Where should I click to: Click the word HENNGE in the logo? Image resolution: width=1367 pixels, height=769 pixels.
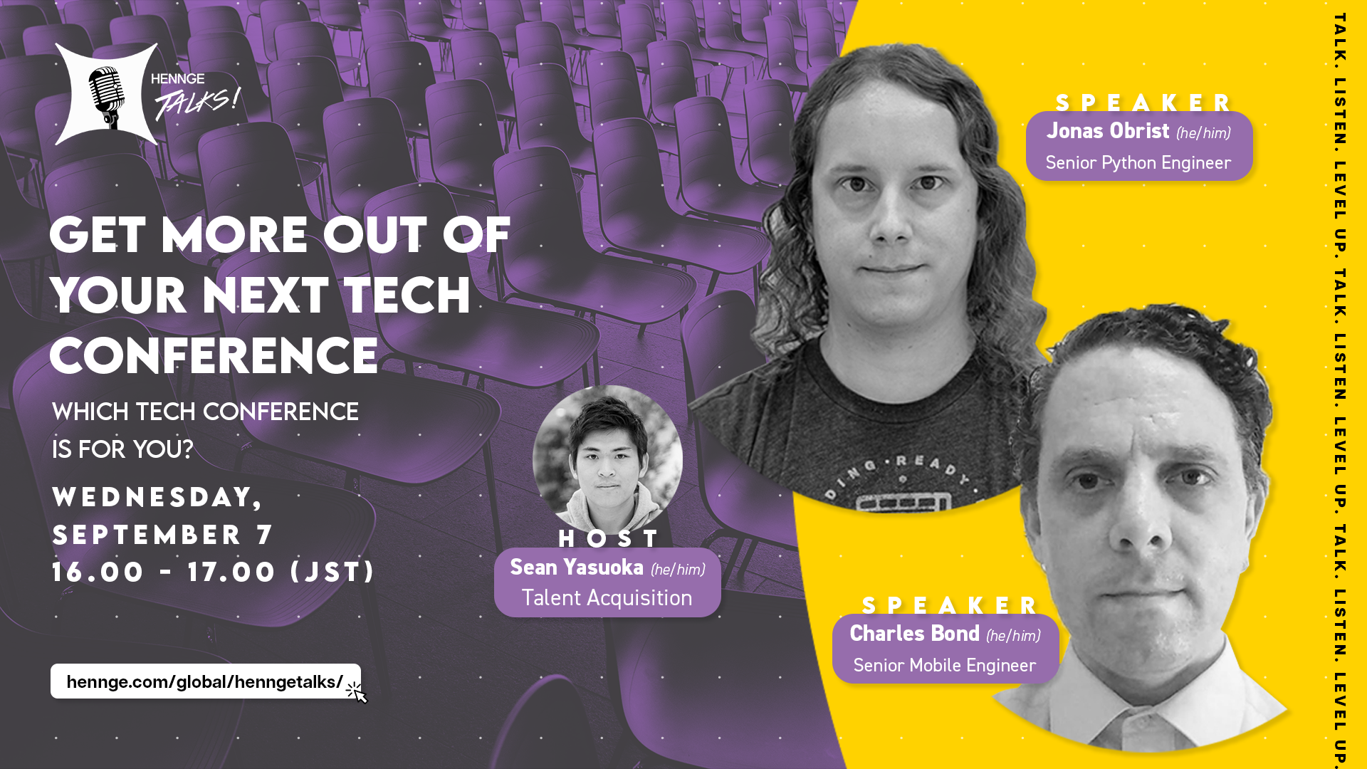pos(177,79)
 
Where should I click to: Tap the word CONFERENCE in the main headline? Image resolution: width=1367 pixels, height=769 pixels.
pos(214,355)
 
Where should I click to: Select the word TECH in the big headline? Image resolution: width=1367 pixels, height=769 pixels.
pos(407,295)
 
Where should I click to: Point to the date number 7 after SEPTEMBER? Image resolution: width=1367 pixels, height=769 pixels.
pos(265,535)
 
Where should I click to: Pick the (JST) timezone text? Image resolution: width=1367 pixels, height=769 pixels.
pos(332,572)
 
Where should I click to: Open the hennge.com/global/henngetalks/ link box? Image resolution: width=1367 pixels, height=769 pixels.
pos(206,681)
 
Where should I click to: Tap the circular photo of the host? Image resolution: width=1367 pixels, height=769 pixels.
pos(607,460)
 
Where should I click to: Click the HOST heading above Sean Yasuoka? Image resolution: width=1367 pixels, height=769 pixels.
pos(609,538)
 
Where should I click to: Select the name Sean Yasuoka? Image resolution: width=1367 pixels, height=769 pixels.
pos(577,567)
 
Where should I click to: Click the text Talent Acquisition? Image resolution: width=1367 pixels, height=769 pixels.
pos(607,598)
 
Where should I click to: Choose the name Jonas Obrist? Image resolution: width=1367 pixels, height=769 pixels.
pos(1108,131)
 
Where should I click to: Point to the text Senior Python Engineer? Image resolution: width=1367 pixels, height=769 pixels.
pos(1138,163)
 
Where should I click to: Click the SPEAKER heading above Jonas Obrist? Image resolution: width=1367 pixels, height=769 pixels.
pos(1143,103)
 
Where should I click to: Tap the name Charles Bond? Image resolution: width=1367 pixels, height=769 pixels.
pos(914,634)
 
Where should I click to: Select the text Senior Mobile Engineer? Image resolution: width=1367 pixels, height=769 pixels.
pos(944,666)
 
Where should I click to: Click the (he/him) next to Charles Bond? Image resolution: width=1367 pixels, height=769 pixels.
pos(1013,635)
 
